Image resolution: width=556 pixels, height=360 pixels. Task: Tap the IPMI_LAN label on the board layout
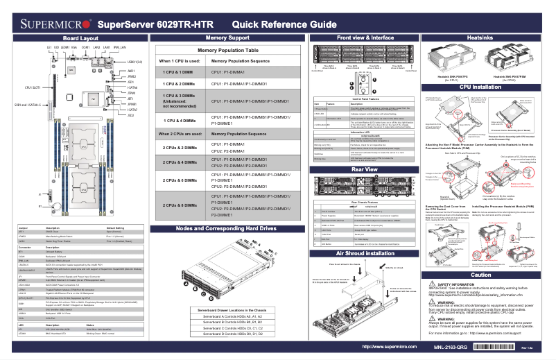(119, 47)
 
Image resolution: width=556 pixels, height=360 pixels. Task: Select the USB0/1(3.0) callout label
(135, 61)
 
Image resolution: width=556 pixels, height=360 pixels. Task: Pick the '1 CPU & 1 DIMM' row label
(178, 71)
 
